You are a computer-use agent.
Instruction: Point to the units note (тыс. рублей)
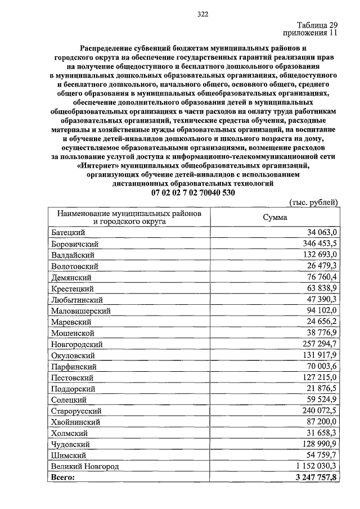pos(313,202)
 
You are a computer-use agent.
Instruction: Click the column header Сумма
pos(274,218)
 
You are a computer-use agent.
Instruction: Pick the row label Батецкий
pos(67,232)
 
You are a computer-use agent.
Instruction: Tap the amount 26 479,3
pos(321,265)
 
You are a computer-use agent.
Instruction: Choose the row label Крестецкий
pos(72,288)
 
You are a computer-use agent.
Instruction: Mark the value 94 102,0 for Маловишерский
pos(321,310)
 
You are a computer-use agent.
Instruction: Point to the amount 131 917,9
pos(318,355)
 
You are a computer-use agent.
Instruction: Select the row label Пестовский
pos(72,377)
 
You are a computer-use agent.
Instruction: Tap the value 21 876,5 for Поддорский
pos(321,389)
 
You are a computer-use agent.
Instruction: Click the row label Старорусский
pos(76,411)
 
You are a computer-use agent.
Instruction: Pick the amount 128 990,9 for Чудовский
pos(318,444)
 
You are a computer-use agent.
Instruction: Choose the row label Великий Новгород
pos(84,466)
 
